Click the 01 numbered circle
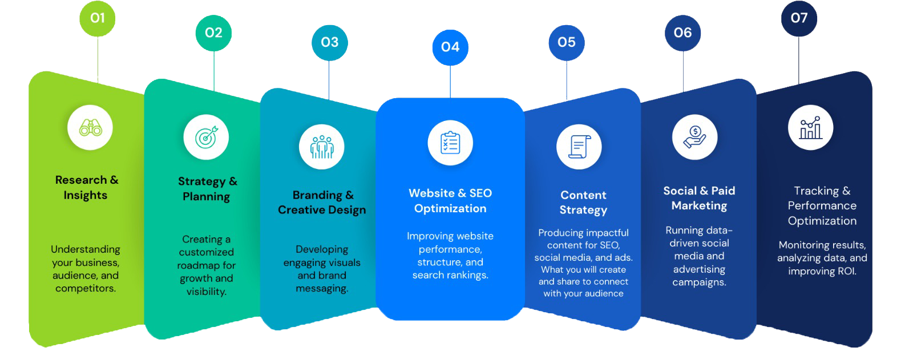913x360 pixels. pyautogui.click(x=98, y=18)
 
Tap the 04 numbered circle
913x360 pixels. pyautogui.click(x=450, y=47)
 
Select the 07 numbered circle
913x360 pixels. pyautogui.click(x=799, y=18)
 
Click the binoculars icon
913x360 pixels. pyautogui.click(x=90, y=128)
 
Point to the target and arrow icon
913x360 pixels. pyautogui.click(x=206, y=137)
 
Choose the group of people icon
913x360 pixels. pyautogui.click(x=322, y=147)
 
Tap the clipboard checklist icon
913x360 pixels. pyautogui.click(x=450, y=143)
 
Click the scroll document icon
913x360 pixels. pyautogui.click(x=579, y=147)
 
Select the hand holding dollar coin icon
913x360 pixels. pyautogui.click(x=694, y=137)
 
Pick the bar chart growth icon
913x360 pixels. pyautogui.click(x=810, y=128)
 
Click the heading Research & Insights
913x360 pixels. pyautogui.click(x=86, y=187)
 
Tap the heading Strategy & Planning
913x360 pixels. pyautogui.click(x=207, y=189)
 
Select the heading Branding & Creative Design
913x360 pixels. pyautogui.click(x=322, y=203)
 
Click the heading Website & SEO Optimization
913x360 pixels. pyautogui.click(x=450, y=201)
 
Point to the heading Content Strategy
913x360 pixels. pyautogui.click(x=583, y=203)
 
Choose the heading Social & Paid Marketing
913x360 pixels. pyautogui.click(x=699, y=198)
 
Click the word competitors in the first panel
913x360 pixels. pyautogui.click(x=85, y=288)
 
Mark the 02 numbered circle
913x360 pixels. pyautogui.click(x=213, y=33)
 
